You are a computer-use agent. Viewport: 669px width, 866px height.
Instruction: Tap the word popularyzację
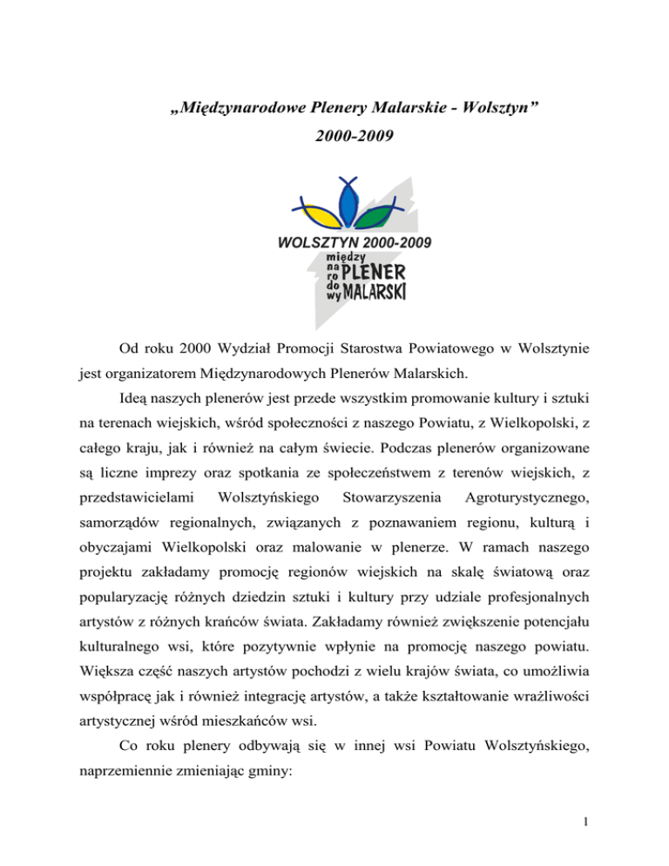point(125,611)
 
